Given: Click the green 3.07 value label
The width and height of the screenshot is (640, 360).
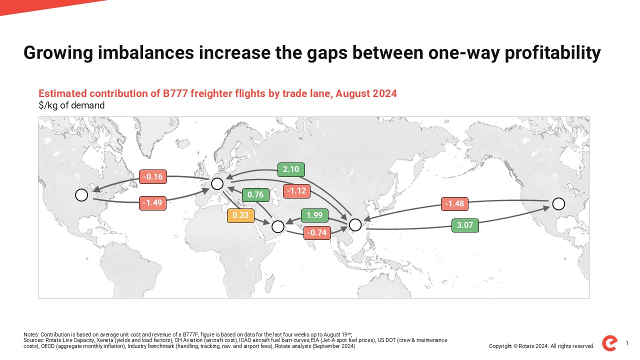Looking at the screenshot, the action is click(x=465, y=225).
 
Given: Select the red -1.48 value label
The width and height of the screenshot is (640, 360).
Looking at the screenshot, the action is click(x=454, y=204).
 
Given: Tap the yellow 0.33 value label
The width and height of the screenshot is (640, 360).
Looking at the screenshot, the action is click(x=240, y=215).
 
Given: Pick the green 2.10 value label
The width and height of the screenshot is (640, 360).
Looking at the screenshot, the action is click(x=291, y=169).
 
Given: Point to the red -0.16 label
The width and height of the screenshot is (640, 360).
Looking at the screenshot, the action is click(x=153, y=177).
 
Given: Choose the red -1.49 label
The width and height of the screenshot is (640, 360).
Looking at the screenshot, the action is click(x=152, y=203).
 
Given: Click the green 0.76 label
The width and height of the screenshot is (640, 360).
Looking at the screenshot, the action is click(x=255, y=195).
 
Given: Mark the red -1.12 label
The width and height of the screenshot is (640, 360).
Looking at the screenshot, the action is click(x=296, y=191).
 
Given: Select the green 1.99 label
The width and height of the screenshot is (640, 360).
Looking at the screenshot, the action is click(x=314, y=215).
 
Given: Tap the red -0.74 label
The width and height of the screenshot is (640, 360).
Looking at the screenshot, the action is click(x=317, y=233).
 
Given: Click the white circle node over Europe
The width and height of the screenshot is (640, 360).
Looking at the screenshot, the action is click(x=217, y=183).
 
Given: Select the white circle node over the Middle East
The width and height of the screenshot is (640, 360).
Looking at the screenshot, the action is click(x=277, y=226).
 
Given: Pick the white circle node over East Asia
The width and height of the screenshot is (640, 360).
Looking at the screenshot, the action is click(x=355, y=225).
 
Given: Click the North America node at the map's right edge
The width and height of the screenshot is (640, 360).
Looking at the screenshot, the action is click(x=558, y=204).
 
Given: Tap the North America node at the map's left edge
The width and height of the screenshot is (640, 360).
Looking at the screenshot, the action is click(x=81, y=195).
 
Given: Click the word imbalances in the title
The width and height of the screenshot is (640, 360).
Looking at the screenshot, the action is click(x=145, y=52).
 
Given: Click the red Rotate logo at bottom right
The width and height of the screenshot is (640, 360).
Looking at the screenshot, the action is click(x=609, y=343).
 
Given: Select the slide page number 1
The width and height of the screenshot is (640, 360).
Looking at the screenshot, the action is click(x=627, y=343).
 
